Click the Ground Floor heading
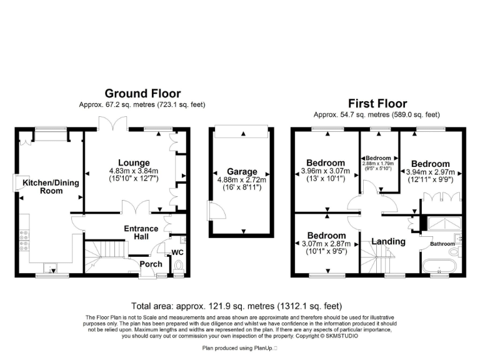pyautogui.click(x=142, y=94)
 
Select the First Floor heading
pyautogui.click(x=377, y=104)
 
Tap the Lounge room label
pyautogui.click(x=134, y=162)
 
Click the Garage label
pyautogui.click(x=242, y=171)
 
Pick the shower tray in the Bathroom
pyautogui.click(x=443, y=222)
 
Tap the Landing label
pyautogui.click(x=389, y=241)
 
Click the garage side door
pyautogui.click(x=215, y=211)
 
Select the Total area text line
pyautogui.click(x=237, y=306)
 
